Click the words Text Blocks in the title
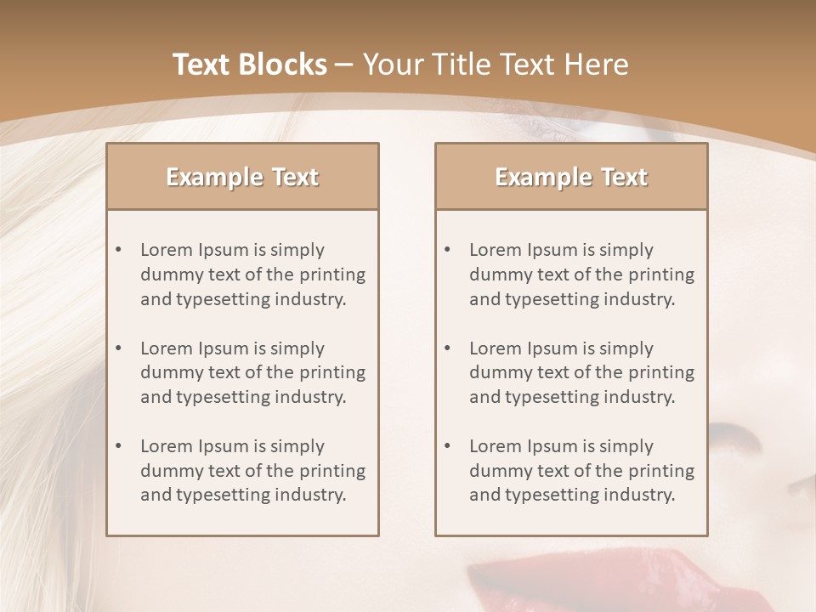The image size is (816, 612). pyautogui.click(x=250, y=65)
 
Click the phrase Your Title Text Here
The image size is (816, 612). pyautogui.click(x=496, y=65)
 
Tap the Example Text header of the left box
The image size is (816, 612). pyautogui.click(x=242, y=177)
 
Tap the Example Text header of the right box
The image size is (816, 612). pyautogui.click(x=571, y=177)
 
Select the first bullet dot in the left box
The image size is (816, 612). pyautogui.click(x=118, y=250)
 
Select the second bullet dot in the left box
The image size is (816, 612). pyautogui.click(x=118, y=348)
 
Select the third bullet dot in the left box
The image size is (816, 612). pyautogui.click(x=118, y=446)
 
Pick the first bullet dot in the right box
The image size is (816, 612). pyautogui.click(x=447, y=250)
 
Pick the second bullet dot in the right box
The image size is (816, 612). pyautogui.click(x=447, y=348)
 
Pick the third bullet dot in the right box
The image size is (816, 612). pyautogui.click(x=447, y=446)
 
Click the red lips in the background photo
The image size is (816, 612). pyautogui.click(x=544, y=586)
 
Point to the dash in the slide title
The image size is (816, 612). pyautogui.click(x=344, y=65)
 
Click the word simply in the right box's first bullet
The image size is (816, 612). pyautogui.click(x=626, y=250)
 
